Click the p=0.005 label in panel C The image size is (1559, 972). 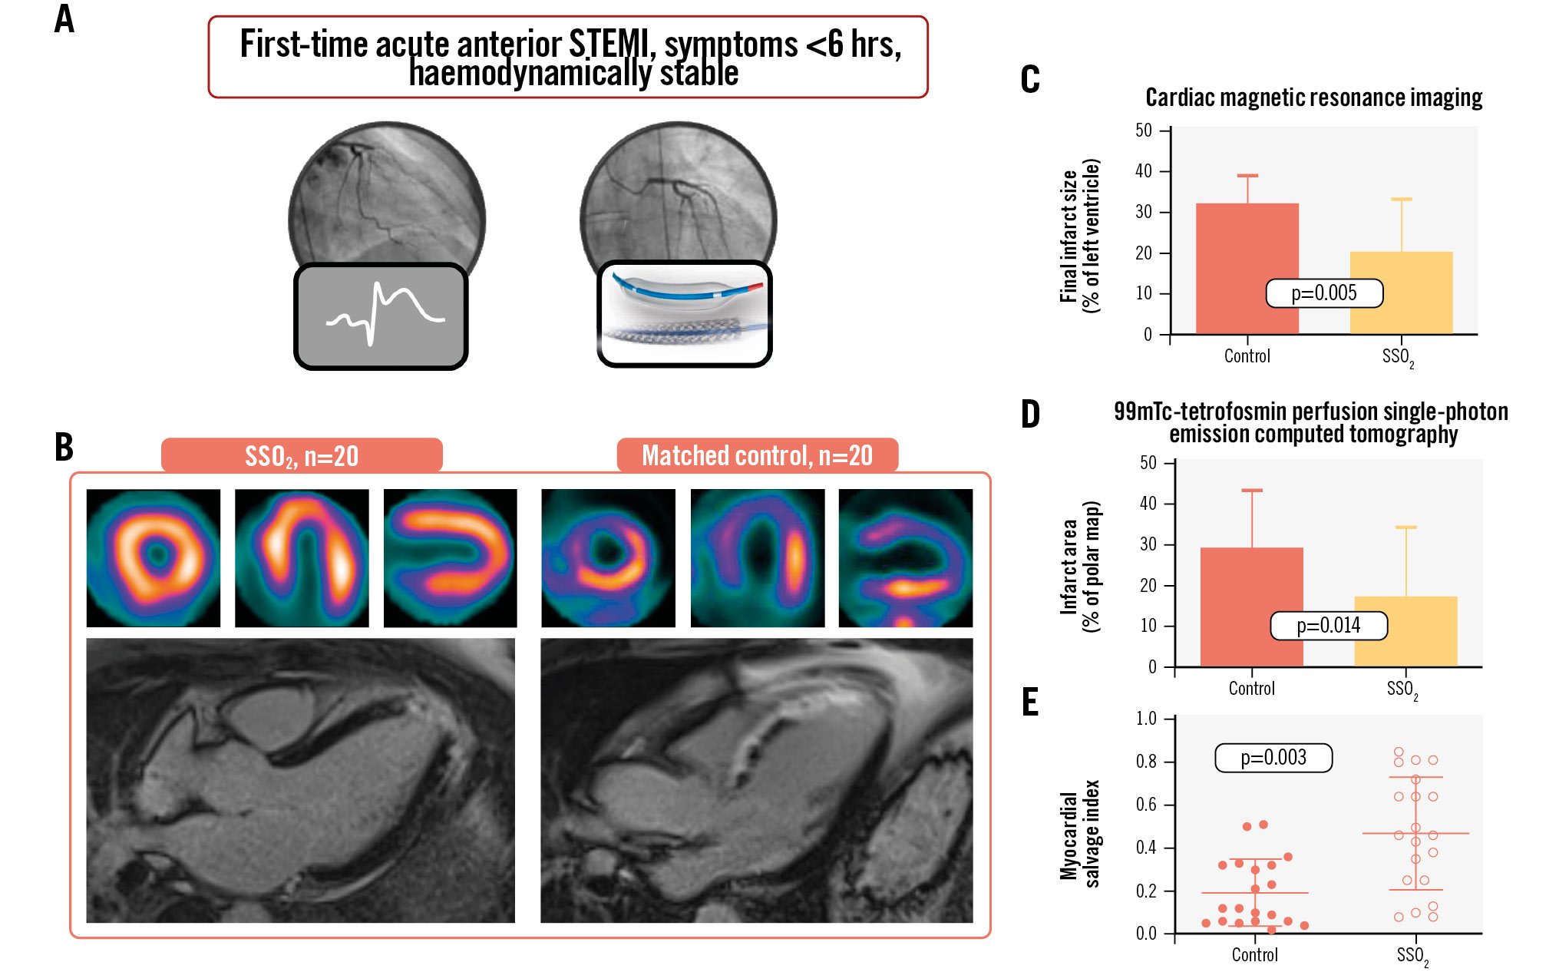point(1323,293)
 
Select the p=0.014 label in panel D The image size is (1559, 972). point(1328,626)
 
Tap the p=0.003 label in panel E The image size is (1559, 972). point(1273,758)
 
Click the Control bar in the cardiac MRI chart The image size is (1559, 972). point(1247,269)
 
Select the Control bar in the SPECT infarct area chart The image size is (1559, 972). point(1251,607)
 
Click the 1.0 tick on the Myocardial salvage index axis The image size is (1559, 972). point(1146,719)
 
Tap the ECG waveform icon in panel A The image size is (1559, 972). point(381,316)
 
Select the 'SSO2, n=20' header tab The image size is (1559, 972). point(302,456)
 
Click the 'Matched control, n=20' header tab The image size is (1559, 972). point(757,455)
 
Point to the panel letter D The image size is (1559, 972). point(1030,415)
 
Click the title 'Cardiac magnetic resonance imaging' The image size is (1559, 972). point(1313,98)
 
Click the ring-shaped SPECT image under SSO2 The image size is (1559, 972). point(154,558)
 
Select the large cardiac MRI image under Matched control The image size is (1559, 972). point(756,780)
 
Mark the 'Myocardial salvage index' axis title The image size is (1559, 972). point(1079,835)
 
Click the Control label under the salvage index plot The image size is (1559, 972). point(1254,955)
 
